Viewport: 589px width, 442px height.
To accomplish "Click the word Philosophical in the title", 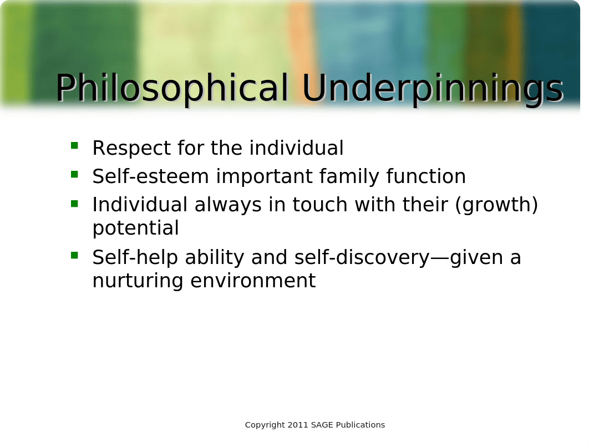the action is [x=172, y=88].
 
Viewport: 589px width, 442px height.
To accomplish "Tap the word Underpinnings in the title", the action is [x=433, y=88].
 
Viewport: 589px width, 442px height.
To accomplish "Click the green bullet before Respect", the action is [x=74, y=145].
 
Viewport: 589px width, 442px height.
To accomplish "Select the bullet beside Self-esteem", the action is [x=74, y=174].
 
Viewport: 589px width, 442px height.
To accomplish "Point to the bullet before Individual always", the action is [x=74, y=204].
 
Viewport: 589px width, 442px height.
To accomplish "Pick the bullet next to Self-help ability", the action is [x=74, y=255].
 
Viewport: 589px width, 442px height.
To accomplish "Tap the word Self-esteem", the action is [x=151, y=176].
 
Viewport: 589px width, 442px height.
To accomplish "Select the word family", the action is [x=349, y=176].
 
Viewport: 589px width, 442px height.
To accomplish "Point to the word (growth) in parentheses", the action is [x=496, y=205].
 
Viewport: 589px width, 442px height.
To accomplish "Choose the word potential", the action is [x=136, y=228].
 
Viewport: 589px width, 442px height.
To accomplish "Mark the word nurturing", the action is [x=138, y=281].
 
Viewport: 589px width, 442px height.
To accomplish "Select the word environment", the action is [x=253, y=281].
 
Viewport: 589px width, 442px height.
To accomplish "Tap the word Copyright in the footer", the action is [x=265, y=425].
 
